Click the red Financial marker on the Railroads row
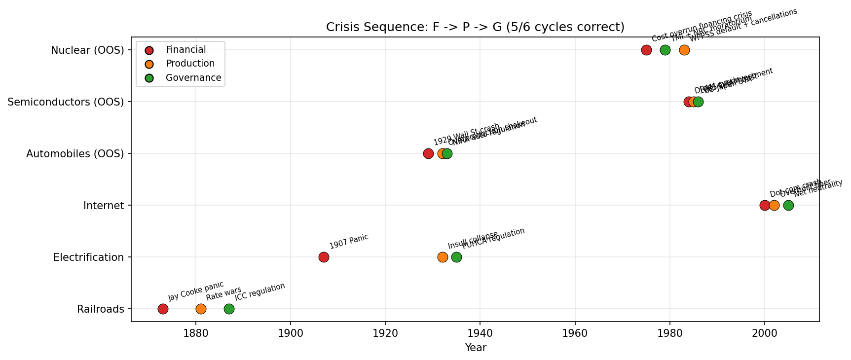(163, 309)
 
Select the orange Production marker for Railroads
(201, 309)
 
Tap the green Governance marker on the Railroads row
(229, 309)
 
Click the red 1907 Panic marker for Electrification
(324, 257)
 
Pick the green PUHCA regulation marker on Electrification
(456, 257)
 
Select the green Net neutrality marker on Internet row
(788, 205)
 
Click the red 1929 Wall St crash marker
(428, 153)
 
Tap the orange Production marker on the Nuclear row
(684, 50)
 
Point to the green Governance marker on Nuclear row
(665, 50)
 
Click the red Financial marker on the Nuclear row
(646, 50)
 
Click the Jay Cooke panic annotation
(196, 291)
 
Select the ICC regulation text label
(259, 292)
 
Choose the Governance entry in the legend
(193, 78)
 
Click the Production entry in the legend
(190, 64)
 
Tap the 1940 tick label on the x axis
(480, 334)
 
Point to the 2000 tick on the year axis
(764, 334)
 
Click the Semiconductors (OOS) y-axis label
(66, 102)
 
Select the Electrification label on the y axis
(88, 257)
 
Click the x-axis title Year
(476, 348)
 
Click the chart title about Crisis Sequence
(475, 27)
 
